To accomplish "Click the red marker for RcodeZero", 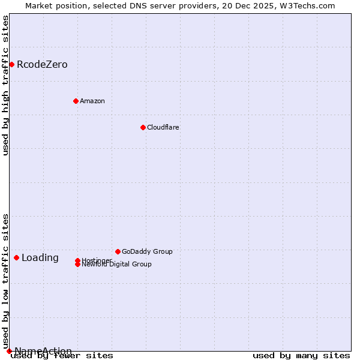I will coord(11,64).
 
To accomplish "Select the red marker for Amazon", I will coord(76,101).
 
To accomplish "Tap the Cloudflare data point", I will coord(143,127).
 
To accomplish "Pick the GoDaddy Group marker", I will coord(118,251).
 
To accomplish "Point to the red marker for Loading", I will coord(16,257).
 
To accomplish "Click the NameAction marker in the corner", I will coord(9,351).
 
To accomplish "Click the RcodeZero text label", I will coord(42,65).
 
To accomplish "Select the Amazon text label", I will coord(92,101).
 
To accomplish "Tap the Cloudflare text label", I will coord(163,127).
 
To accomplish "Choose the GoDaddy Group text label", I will coord(147,251).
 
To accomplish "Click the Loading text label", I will coord(40,258).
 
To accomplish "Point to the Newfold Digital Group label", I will coord(116,265).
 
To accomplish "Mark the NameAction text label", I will coord(43,351).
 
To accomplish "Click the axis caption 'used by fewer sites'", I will coord(62,356).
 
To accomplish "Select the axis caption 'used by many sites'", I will coord(301,356).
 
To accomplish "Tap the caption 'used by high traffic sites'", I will coord(6,85).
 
